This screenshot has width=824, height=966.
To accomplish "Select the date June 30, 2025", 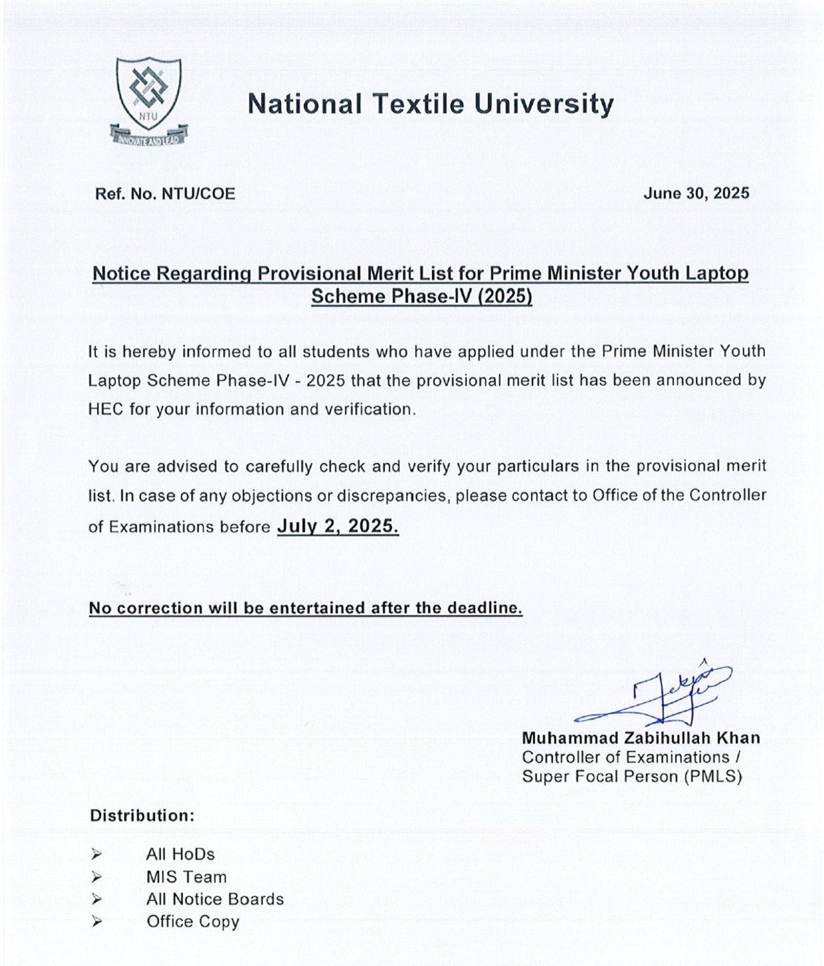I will click(x=696, y=193).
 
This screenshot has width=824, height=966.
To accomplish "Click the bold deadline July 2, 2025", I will click(x=337, y=527).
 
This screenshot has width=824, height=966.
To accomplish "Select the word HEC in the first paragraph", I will click(x=105, y=410).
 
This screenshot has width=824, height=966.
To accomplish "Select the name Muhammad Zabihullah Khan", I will click(x=641, y=738).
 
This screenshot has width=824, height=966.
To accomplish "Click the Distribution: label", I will click(x=142, y=816).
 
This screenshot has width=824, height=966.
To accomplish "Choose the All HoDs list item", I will click(x=180, y=855).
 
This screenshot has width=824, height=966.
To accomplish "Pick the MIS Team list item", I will click(x=186, y=877).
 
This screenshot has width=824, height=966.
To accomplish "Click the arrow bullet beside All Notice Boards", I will click(x=97, y=899).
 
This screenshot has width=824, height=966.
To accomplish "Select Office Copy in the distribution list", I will click(x=192, y=922).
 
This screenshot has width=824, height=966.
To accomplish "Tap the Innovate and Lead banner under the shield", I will click(x=149, y=137).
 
